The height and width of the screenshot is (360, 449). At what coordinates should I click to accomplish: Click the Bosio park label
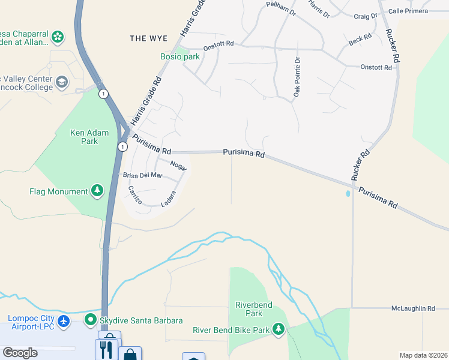pos(180,56)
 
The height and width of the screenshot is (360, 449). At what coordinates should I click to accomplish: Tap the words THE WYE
pos(148,38)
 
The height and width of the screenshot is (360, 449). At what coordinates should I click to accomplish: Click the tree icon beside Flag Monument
pos(97,191)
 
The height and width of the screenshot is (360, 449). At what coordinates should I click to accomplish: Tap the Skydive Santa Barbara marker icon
pos(91,320)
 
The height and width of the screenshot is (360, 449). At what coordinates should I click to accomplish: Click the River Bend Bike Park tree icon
pos(279,329)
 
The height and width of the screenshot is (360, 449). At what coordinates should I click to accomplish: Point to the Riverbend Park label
pos(250,308)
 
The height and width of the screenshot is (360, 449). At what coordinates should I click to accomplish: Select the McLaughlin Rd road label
pos(412,308)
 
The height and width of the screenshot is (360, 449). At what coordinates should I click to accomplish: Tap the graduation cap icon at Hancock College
pos(62,82)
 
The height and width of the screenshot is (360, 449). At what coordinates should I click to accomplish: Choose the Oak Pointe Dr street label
pos(297,76)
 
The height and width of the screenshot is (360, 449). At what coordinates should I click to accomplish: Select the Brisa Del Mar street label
pos(143,175)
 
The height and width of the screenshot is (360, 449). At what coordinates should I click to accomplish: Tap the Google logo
pos(20,352)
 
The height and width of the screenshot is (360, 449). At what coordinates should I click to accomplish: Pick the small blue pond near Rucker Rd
pos(348,193)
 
